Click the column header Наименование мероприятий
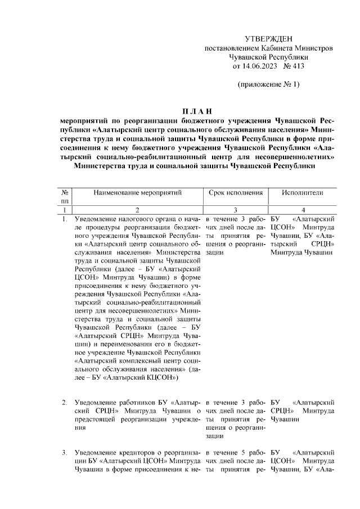[x=138, y=192]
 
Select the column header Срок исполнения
[x=236, y=192]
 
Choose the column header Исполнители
[x=304, y=192]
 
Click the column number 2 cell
[x=138, y=209]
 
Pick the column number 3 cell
[x=236, y=209]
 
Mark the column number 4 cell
[x=304, y=209]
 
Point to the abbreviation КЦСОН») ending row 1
[x=160, y=379]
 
